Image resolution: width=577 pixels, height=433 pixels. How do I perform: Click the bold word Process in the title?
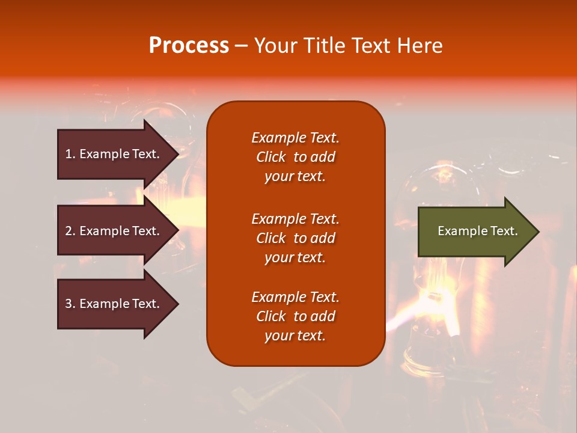point(189,46)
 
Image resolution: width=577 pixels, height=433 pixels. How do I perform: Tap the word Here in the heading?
point(419,46)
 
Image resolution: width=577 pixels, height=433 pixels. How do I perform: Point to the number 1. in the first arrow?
point(70,154)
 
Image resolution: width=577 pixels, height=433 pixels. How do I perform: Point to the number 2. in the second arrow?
point(70,231)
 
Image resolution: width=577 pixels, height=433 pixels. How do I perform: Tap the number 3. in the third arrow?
point(70,304)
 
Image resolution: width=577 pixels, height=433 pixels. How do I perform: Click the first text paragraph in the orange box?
point(295,157)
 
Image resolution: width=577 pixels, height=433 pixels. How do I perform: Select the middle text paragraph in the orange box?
point(295,238)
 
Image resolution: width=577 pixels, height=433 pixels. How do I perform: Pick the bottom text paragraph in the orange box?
point(295,316)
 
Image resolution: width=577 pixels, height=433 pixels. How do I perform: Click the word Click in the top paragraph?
point(270,157)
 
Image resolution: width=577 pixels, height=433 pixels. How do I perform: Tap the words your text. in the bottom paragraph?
point(295,336)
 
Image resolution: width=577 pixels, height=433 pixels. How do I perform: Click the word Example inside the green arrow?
point(458,231)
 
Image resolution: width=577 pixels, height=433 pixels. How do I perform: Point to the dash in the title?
point(241,46)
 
